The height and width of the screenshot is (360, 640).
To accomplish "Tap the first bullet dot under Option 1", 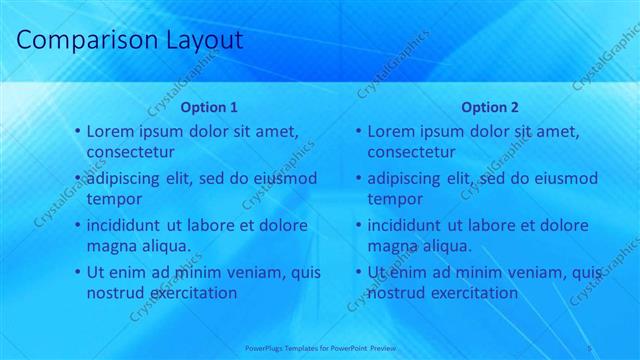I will tap(78, 132).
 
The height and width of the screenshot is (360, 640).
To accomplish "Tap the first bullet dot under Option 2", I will tap(359, 132).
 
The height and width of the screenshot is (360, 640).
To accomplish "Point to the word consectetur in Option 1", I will tap(131, 153).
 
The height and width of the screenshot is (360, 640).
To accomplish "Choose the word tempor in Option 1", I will tap(114, 200).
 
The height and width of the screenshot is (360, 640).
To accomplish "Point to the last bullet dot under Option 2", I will tap(359, 272).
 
